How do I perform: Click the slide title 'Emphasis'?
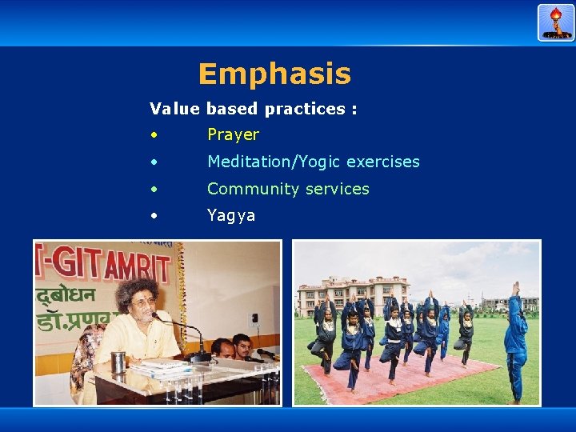(274, 74)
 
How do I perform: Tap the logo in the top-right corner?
(556, 22)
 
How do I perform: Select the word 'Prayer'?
(233, 134)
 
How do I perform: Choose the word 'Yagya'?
(231, 215)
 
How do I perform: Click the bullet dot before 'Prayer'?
(153, 135)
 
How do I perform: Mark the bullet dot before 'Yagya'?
(153, 216)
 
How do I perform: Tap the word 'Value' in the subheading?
(175, 109)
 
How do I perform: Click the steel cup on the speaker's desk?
(118, 362)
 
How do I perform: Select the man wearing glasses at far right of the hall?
(242, 345)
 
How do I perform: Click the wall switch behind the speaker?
(254, 322)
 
